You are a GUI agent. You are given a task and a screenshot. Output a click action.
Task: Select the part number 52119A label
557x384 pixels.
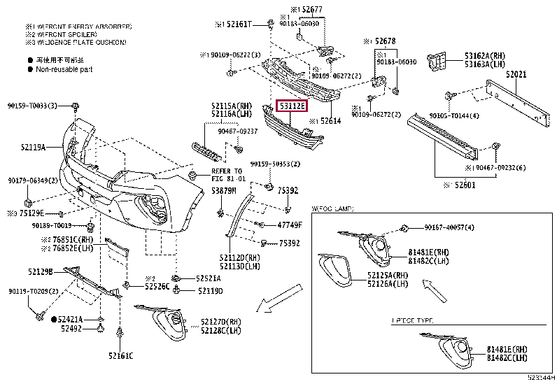click(x=34, y=148)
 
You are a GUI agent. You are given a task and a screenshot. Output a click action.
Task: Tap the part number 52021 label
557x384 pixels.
click(x=517, y=73)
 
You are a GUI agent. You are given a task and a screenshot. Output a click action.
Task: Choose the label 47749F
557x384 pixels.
click(x=289, y=225)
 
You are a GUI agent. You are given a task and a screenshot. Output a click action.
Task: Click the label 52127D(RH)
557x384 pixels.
click(x=221, y=322)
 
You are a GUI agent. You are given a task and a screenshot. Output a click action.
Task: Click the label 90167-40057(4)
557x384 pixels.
click(x=449, y=227)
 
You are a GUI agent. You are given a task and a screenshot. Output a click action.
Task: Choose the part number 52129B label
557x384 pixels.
click(x=42, y=271)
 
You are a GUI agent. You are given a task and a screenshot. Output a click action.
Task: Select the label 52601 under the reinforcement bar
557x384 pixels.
click(x=464, y=185)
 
